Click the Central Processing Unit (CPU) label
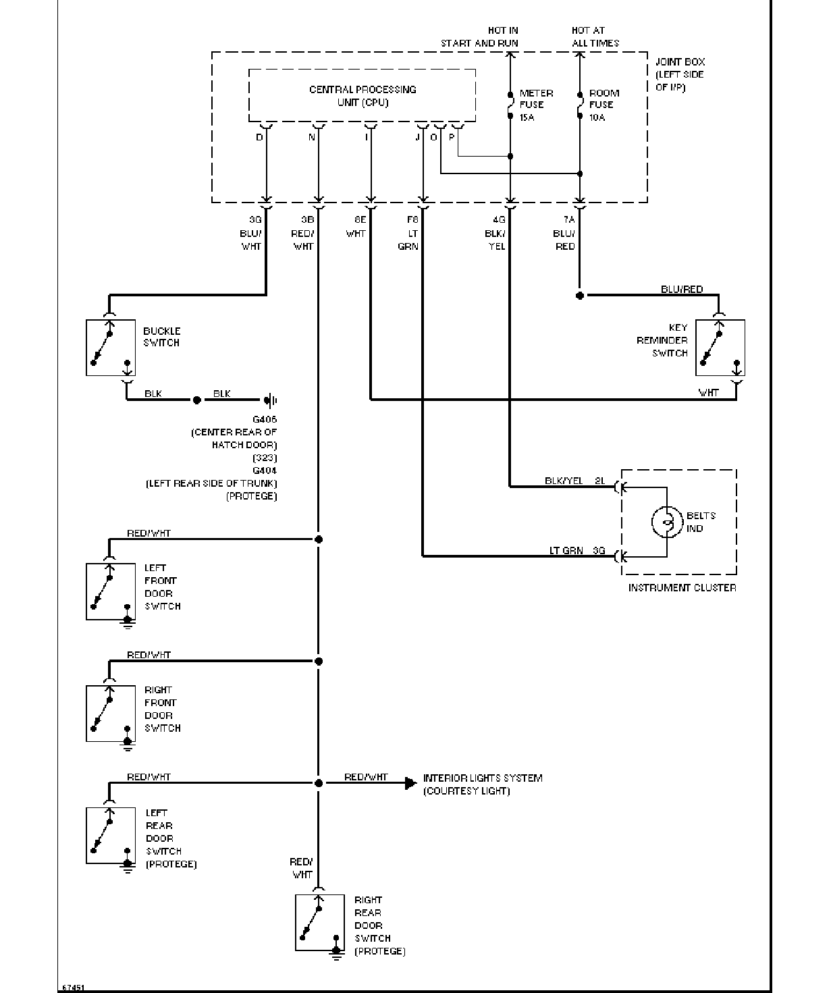pyautogui.click(x=363, y=96)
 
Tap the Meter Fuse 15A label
pyautogui.click(x=536, y=105)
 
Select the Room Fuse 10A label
pyautogui.click(x=604, y=105)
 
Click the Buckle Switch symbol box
pyautogui.click(x=111, y=348)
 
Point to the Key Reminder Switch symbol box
pyautogui.click(x=720, y=348)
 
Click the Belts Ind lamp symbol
pyautogui.click(x=667, y=522)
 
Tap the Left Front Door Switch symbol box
pyautogui.click(x=111, y=591)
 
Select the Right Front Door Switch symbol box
pyautogui.click(x=111, y=714)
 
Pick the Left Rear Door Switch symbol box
pyautogui.click(x=111, y=836)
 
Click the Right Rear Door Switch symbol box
pyautogui.click(x=320, y=923)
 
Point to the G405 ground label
pyautogui.click(x=265, y=419)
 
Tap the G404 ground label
pyautogui.click(x=265, y=471)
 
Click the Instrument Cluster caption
pyautogui.click(x=682, y=588)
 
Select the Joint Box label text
pyautogui.click(x=680, y=74)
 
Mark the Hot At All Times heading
pyautogui.click(x=595, y=36)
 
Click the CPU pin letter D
pyautogui.click(x=259, y=138)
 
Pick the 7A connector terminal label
pyautogui.click(x=569, y=219)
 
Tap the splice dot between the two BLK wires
pyautogui.click(x=197, y=400)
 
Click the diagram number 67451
pyautogui.click(x=74, y=988)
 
